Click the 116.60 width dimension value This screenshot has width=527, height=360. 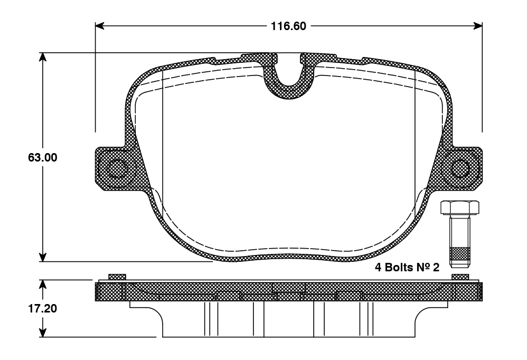pos(289,26)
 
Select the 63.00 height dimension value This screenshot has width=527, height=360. pos(43,157)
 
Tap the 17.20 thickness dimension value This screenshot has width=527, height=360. pos(42,308)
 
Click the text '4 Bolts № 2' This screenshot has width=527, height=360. pos(407,267)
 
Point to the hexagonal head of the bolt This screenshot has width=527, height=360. pos(459,207)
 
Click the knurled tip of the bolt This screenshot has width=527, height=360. pos(459,257)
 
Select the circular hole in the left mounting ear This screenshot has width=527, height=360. pos(117,168)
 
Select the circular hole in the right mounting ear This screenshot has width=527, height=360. pos(460,168)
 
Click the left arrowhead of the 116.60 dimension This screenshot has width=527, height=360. pos(100,26)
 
